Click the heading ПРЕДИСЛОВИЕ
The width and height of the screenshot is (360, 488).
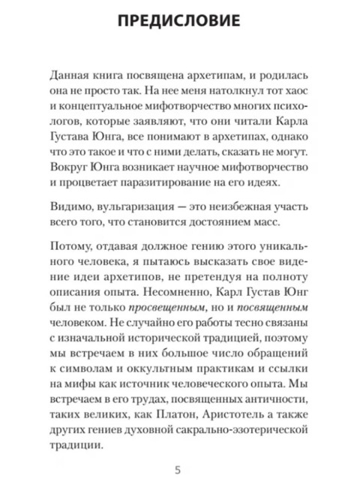(x=180, y=20)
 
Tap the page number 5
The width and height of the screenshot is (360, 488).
(x=178, y=471)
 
